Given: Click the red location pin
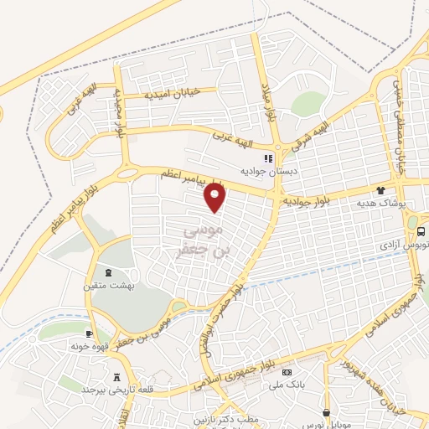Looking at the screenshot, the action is point(216,196).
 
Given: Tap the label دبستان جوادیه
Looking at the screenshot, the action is point(268,170).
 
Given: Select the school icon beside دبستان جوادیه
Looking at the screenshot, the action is point(268,158).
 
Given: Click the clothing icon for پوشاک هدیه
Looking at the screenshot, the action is point(380,190).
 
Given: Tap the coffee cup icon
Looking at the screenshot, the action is point(89,333).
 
